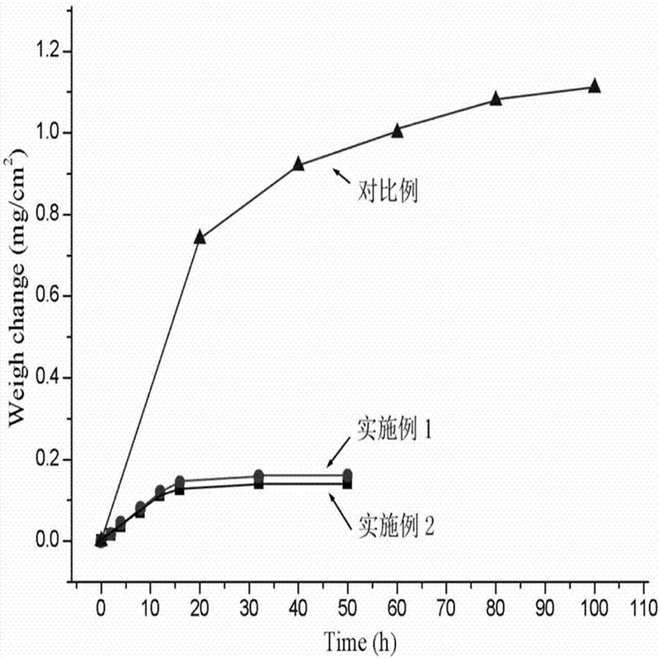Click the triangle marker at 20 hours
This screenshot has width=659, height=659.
click(x=199, y=236)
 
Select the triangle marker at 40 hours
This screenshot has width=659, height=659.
click(x=298, y=164)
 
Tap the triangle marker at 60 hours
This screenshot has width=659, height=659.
click(x=397, y=130)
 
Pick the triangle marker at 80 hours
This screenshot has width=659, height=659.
click(x=496, y=98)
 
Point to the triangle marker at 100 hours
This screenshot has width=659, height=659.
click(x=595, y=86)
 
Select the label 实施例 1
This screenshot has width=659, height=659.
click(x=395, y=428)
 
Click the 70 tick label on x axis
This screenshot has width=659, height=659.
click(x=446, y=610)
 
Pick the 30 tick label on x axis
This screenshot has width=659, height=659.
click(x=249, y=610)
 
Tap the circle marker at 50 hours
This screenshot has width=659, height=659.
click(x=348, y=474)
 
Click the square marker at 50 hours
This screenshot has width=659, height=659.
click(x=348, y=484)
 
